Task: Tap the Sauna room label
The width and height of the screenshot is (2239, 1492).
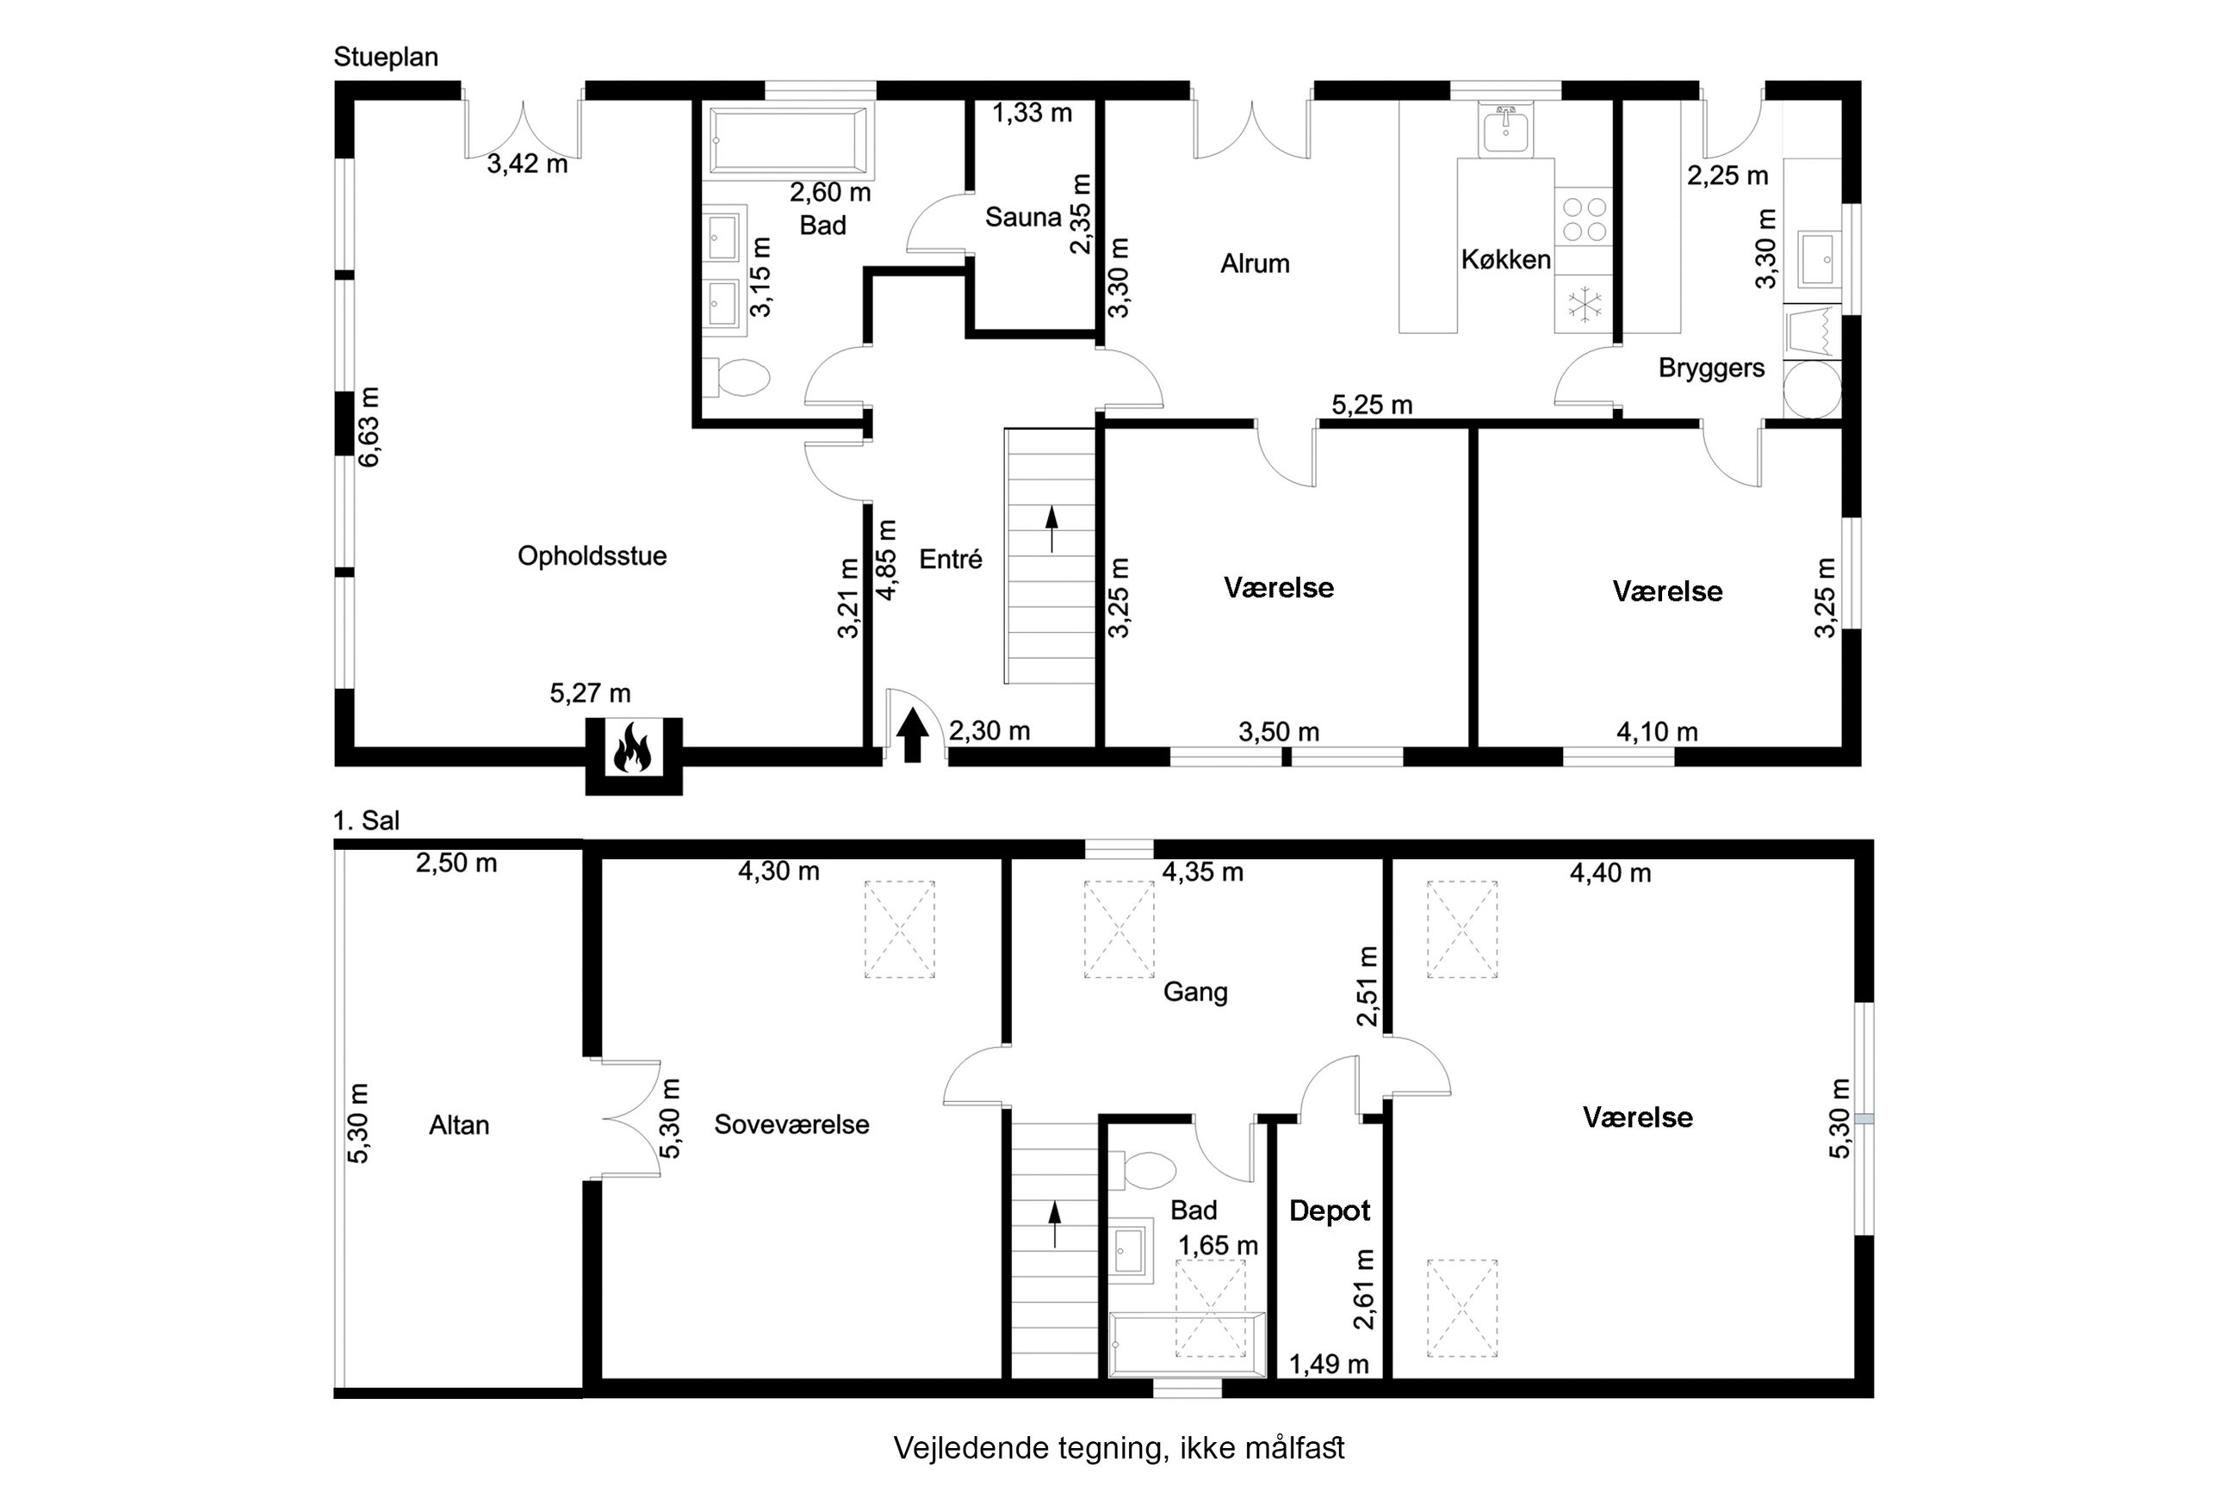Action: point(1023,218)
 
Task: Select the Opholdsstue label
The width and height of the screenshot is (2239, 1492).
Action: point(592,555)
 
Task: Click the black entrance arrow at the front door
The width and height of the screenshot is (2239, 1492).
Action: point(913,734)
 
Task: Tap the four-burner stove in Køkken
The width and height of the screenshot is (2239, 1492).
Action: point(1584,218)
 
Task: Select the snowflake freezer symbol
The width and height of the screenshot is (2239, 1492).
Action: point(1585,305)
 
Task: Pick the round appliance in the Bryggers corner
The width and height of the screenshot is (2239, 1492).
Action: point(1812,389)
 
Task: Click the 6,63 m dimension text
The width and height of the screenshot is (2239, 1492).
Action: point(369,426)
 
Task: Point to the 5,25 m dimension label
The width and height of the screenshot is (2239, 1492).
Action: point(1371,406)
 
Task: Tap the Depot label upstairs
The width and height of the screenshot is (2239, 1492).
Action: point(1330,1210)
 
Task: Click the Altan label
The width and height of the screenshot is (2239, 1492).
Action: point(459,1125)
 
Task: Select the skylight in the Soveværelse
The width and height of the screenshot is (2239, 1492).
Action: point(899,930)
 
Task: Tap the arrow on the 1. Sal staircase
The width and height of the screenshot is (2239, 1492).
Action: point(1054,1224)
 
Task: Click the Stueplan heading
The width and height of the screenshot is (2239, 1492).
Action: point(386,57)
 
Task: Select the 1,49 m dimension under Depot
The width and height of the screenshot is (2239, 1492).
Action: point(1329,1365)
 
